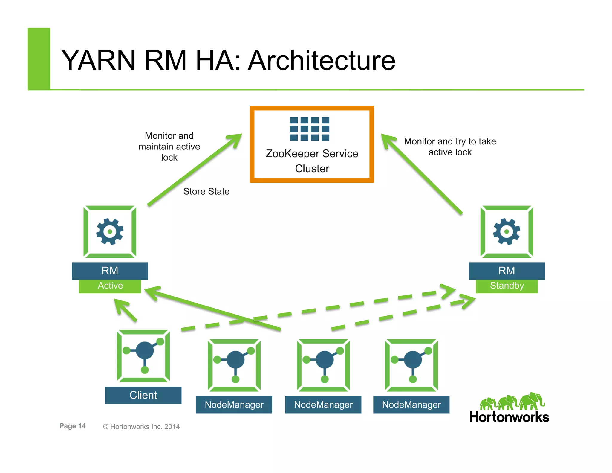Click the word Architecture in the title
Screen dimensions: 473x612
point(322,61)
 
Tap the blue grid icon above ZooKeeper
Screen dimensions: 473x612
point(310,129)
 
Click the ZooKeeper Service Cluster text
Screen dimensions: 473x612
point(312,161)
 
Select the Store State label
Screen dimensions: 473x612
point(206,191)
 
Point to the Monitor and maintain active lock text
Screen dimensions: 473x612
point(169,147)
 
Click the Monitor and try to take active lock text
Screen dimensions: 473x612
point(450,147)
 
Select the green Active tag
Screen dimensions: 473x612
point(110,286)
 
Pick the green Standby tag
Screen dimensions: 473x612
point(507,286)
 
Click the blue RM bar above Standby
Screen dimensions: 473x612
point(507,271)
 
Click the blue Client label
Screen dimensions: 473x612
point(143,395)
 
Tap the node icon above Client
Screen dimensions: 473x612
point(143,356)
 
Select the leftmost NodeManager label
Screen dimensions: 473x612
point(234,405)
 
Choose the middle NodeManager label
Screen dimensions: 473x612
point(323,405)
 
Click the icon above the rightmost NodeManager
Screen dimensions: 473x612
point(411,365)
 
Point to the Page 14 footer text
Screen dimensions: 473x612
point(73,426)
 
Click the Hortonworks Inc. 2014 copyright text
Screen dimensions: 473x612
point(141,427)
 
